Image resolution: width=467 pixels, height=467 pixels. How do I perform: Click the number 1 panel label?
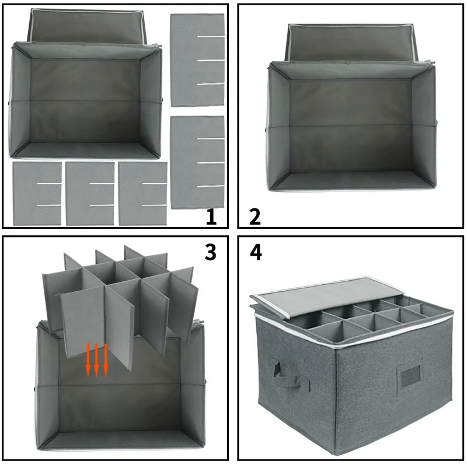211,217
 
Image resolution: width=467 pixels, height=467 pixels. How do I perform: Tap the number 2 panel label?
255,217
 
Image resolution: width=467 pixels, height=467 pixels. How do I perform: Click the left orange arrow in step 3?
88,359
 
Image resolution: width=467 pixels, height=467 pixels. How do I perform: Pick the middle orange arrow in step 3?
97,359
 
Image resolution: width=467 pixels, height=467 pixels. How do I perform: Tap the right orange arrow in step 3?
106,359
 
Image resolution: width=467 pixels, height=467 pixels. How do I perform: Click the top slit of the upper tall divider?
210,37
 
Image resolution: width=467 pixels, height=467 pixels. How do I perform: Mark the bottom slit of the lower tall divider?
210,186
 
